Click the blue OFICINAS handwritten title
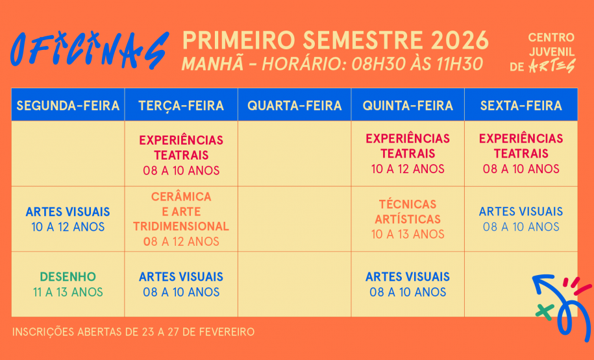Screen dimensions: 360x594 (90, 50)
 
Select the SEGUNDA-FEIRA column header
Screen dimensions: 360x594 (68, 106)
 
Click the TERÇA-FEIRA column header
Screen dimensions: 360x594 (181, 106)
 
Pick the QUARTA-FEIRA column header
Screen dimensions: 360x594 (294, 106)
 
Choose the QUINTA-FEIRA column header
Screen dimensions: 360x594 (408, 106)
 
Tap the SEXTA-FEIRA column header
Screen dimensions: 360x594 (521, 106)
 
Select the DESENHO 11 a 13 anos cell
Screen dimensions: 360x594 (68, 284)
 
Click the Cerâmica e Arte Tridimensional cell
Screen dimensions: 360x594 (181, 219)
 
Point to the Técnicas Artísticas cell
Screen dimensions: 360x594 (408, 219)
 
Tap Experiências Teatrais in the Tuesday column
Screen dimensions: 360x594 (181, 155)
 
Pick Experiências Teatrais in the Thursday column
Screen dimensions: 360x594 (408, 154)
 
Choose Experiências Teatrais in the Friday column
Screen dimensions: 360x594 (521, 154)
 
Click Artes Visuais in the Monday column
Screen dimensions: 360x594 (68, 219)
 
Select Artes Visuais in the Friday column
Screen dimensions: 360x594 (521, 219)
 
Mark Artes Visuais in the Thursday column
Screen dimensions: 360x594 (408, 284)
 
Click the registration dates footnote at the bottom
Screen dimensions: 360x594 (133, 332)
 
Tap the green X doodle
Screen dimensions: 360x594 (544, 310)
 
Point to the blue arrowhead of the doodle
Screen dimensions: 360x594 (538, 283)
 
